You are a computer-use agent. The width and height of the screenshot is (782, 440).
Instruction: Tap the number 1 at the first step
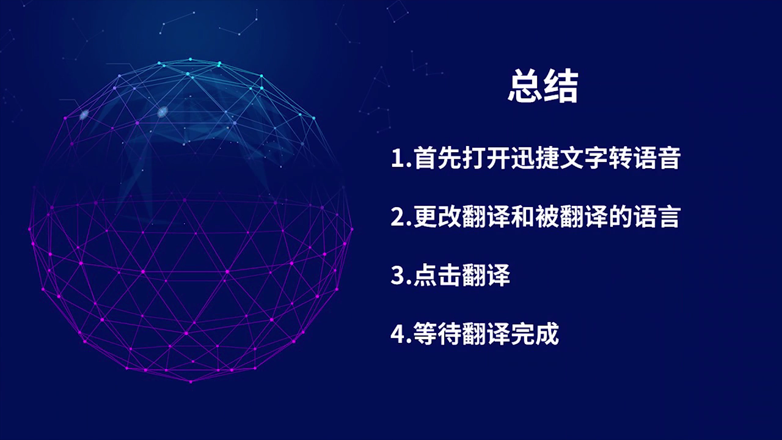(398, 158)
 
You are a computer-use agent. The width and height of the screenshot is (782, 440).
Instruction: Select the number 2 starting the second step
(397, 216)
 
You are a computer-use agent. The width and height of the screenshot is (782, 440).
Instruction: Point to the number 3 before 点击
(397, 275)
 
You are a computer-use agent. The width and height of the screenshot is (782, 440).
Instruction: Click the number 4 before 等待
(397, 333)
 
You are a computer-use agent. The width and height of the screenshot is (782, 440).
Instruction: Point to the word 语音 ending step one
(656, 158)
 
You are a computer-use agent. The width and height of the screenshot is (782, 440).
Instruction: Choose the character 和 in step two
(522, 216)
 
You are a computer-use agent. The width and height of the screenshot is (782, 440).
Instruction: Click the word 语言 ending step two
(656, 216)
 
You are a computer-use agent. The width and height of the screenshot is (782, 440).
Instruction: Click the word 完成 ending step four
(535, 333)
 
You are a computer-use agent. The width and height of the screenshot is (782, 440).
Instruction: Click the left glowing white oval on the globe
(84, 114)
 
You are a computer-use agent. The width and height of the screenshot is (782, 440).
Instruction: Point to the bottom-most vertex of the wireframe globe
(191, 382)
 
